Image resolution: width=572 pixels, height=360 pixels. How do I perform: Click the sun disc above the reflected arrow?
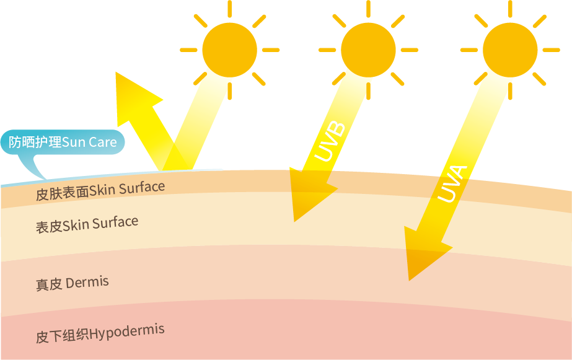point(229,50)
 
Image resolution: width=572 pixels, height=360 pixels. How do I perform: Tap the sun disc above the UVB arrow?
point(368,50)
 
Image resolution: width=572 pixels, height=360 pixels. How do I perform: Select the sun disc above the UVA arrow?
point(510,50)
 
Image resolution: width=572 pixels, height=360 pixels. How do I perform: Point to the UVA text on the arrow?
point(453,183)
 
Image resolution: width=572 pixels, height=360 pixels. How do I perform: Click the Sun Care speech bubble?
point(63,143)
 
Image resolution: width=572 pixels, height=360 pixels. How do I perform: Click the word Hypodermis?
point(127,332)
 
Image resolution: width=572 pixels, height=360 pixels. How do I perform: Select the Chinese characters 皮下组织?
point(62,336)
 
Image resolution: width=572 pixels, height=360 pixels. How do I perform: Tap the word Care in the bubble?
point(102,143)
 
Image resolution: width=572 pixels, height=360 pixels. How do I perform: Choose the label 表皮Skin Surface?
point(87,224)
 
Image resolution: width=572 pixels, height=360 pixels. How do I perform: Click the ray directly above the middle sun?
point(368,8)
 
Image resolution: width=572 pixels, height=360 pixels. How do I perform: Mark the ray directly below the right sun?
point(510,90)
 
